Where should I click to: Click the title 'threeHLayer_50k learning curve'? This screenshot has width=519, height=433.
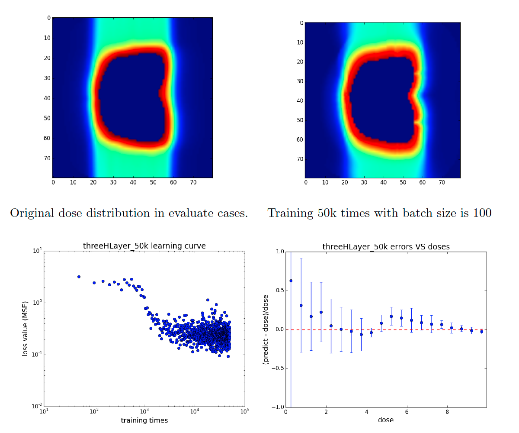click(x=144, y=246)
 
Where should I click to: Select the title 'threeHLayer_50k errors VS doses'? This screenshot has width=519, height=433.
click(x=386, y=247)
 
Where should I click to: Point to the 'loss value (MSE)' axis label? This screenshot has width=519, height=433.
click(x=26, y=329)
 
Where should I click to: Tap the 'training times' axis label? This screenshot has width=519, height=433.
click(x=144, y=420)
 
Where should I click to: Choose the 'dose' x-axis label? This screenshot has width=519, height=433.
click(x=385, y=420)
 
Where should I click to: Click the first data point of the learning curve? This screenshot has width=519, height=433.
click(x=79, y=276)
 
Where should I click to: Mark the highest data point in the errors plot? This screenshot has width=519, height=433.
click(x=291, y=281)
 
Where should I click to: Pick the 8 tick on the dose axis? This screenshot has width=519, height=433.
click(x=447, y=412)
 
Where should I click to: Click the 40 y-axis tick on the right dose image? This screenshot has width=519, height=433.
click(x=298, y=100)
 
